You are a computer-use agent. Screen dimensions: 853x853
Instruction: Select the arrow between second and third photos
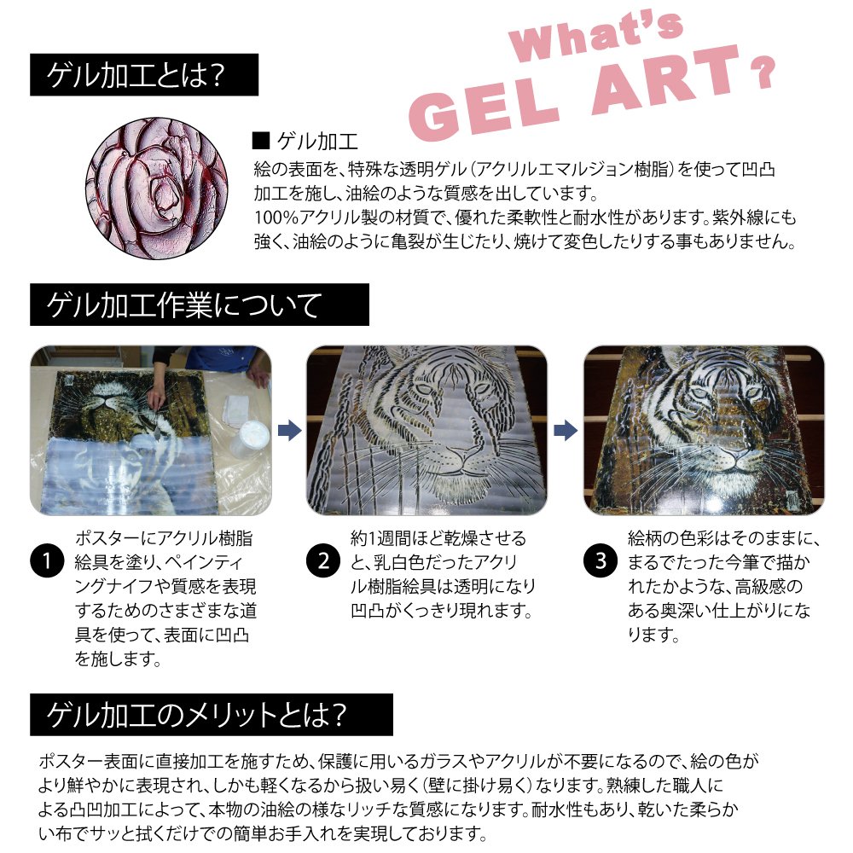click(x=566, y=429)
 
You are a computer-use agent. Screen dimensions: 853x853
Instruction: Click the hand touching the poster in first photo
click(x=156, y=397)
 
